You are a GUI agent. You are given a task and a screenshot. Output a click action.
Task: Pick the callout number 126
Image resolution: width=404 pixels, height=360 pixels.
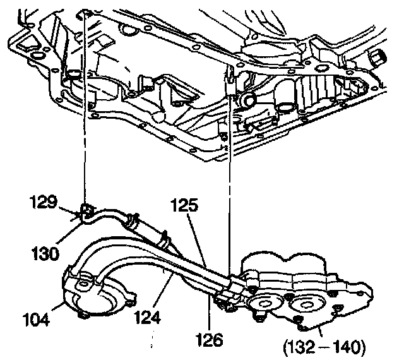(208, 341)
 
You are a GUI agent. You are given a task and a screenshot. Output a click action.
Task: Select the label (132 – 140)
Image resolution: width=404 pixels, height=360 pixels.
(324, 347)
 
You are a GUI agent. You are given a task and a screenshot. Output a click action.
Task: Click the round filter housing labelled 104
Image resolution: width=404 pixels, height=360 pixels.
(95, 297)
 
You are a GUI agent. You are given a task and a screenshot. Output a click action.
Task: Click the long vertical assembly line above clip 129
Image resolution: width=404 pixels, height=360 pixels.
(83, 114)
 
